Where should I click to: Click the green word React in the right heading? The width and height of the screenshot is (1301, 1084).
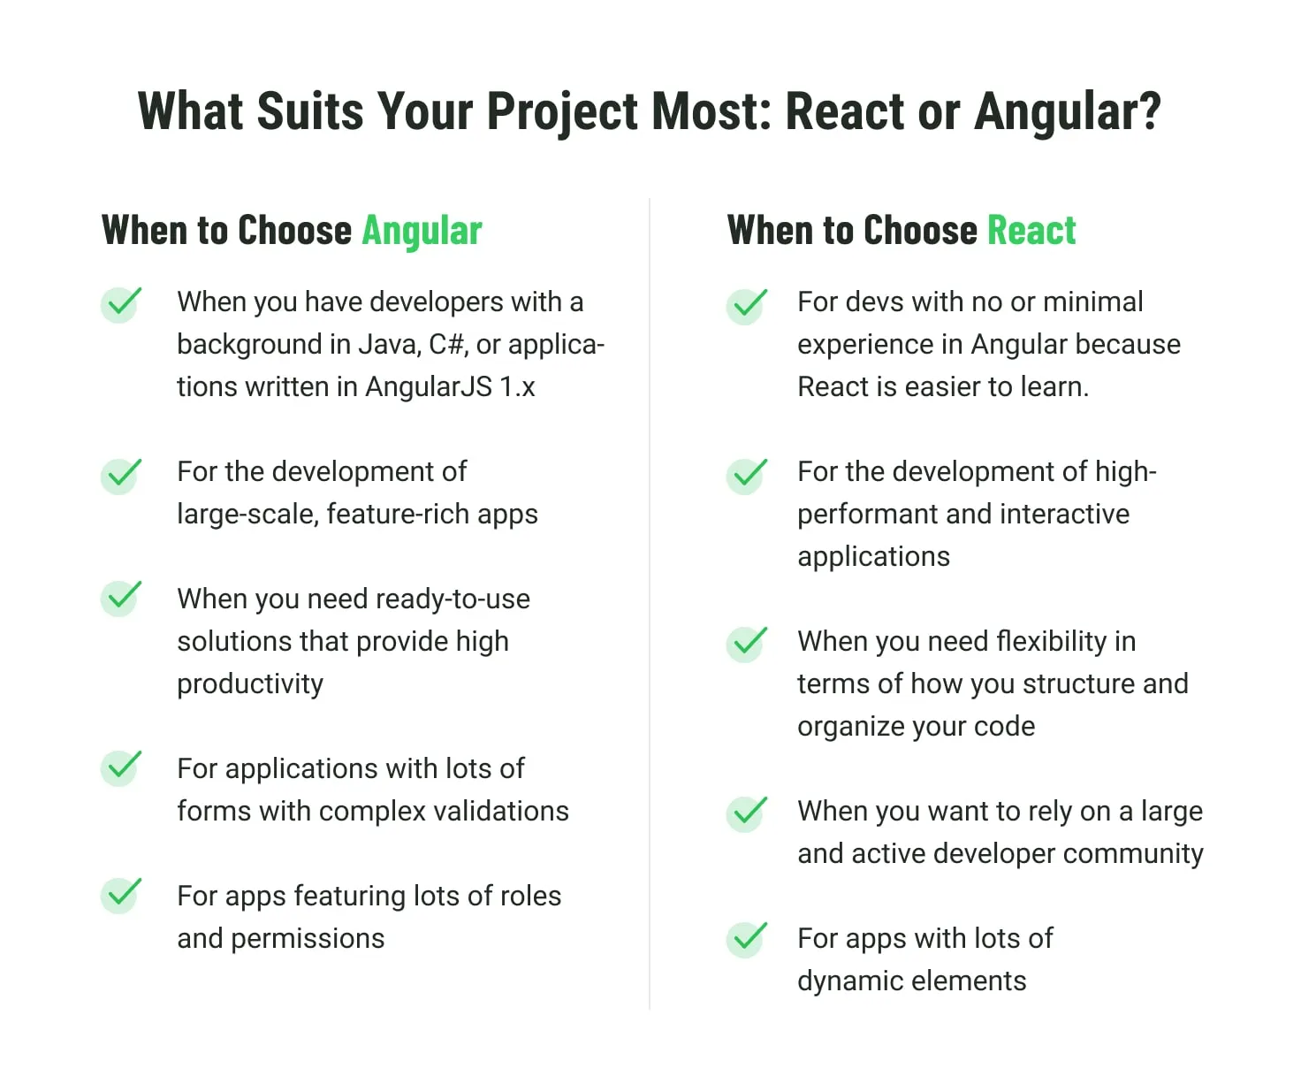click(x=1031, y=230)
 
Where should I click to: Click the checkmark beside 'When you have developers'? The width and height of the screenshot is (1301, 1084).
click(x=121, y=304)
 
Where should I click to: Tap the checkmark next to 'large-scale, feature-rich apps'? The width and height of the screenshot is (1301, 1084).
click(x=121, y=476)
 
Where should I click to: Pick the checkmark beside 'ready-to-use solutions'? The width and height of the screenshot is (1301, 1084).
click(x=121, y=598)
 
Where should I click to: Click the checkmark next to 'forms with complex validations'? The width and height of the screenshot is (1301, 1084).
click(x=121, y=767)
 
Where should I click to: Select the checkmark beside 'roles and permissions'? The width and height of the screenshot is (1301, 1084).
click(x=121, y=895)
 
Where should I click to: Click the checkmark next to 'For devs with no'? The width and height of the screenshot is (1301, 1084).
click(x=747, y=306)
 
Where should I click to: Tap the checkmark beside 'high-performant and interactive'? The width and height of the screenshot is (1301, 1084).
click(x=747, y=476)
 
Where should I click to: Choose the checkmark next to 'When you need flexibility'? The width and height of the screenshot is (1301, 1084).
click(x=747, y=644)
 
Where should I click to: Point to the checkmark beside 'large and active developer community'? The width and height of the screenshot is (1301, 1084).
click(x=747, y=813)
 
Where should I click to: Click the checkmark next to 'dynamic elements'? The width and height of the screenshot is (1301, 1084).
click(x=747, y=939)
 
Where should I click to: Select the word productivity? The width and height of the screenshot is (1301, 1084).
click(x=250, y=684)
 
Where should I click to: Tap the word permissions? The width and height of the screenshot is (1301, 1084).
click(x=308, y=939)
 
